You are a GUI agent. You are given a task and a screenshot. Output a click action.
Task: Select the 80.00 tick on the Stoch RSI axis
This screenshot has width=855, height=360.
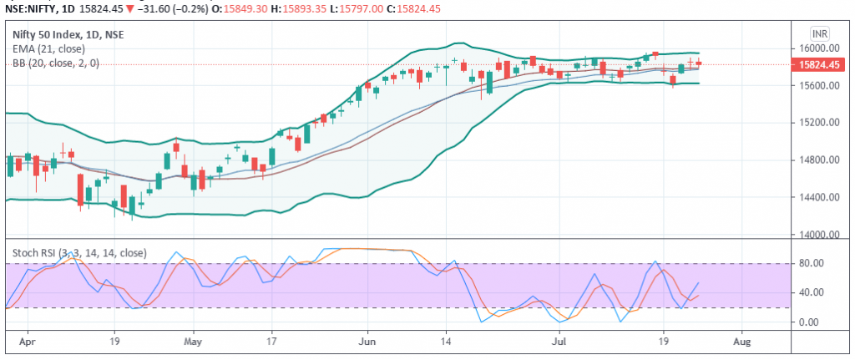click(x=812, y=263)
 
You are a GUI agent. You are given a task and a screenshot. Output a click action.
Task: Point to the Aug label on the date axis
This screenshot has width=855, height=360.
click(x=740, y=342)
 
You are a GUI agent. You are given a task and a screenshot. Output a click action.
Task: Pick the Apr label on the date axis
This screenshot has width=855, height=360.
click(x=28, y=342)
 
